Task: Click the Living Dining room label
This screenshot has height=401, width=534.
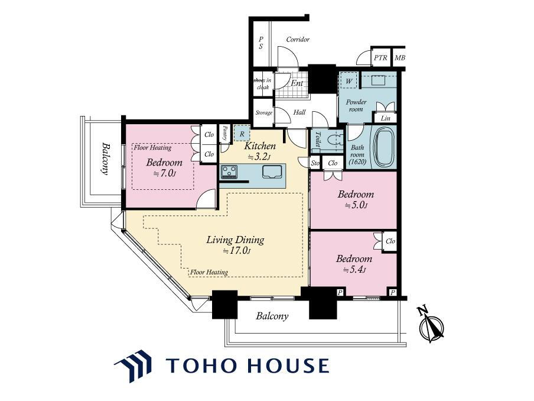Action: point(235,240)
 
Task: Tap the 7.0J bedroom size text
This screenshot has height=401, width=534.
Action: point(165,173)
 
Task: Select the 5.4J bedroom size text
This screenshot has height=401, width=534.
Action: point(354,270)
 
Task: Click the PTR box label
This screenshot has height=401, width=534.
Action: point(380,57)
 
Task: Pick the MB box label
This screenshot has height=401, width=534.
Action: point(399,58)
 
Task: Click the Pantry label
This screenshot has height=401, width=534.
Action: point(225,133)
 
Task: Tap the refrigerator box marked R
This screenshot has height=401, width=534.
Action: point(242,134)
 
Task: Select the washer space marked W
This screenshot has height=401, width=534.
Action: point(349,81)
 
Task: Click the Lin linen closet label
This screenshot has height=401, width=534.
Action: point(386,118)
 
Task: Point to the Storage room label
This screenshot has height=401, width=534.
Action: point(264,112)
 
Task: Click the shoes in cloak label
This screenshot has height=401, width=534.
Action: point(263,83)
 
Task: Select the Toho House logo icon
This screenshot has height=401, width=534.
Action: point(133,365)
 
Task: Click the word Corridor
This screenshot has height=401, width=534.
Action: point(298,39)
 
